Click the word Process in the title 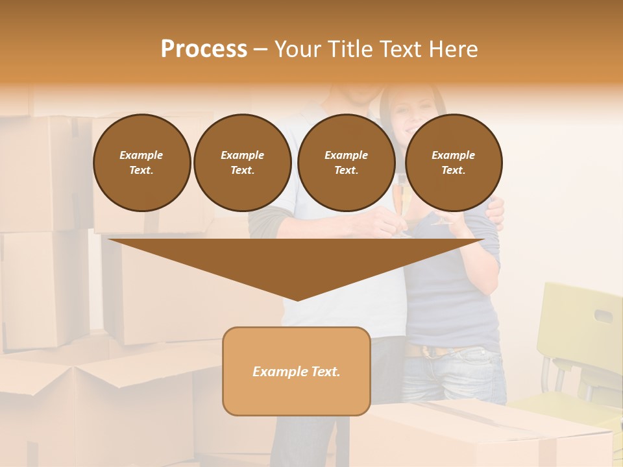coord(204,49)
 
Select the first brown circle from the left coord(141,162)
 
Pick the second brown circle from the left coord(242,162)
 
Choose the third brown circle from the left coord(346,162)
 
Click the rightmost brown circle coord(453,162)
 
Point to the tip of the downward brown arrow coord(297,299)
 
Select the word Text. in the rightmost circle coord(453,170)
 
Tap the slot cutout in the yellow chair coord(603,316)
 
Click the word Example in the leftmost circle coord(141,155)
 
